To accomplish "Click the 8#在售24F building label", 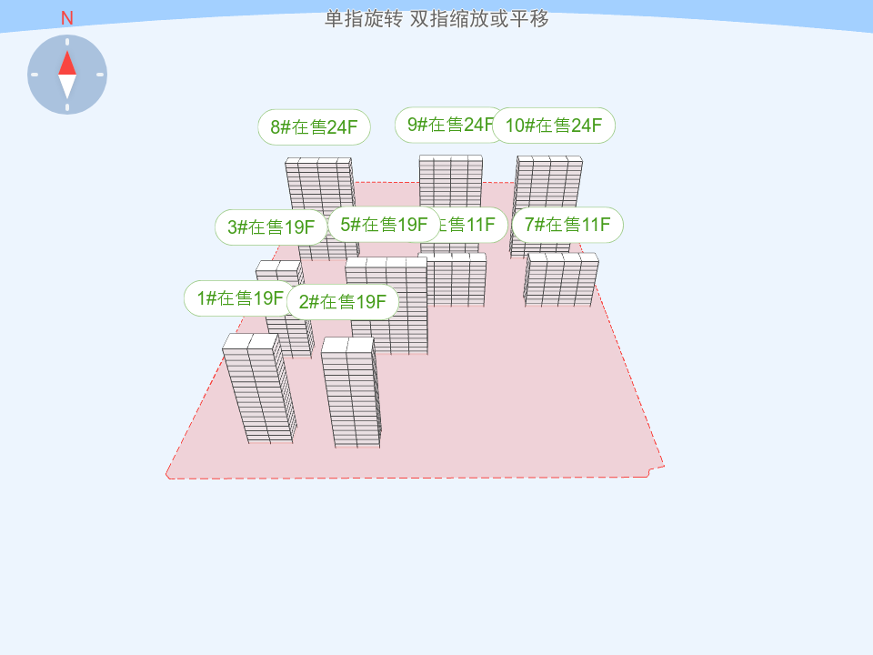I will click(314, 127).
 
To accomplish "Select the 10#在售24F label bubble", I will click(554, 126).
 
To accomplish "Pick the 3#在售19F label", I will click(270, 227).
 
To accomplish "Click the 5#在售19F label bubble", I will click(384, 225).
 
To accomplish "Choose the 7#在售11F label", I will click(567, 225).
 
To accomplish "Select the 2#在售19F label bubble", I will click(343, 302).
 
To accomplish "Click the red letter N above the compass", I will click(67, 19).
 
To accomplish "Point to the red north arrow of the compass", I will click(67, 63).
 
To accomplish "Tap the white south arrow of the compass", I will click(67, 86).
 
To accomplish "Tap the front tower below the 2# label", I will click(352, 396).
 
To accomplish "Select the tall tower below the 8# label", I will click(319, 186).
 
